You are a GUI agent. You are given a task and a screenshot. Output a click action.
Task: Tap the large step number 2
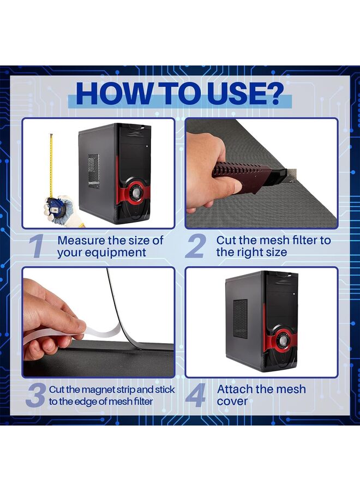(195, 246)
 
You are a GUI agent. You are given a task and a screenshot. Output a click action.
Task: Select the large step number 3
(35, 396)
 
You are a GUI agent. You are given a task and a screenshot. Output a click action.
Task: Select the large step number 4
(195, 396)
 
